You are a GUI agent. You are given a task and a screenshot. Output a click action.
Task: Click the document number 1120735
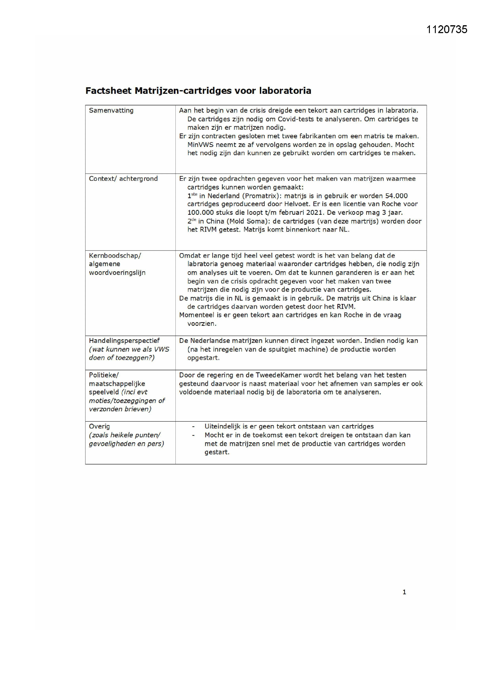tap(446, 29)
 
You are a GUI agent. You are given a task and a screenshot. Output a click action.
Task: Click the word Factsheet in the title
tap(108, 91)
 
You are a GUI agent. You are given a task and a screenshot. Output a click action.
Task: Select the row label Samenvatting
tap(111, 110)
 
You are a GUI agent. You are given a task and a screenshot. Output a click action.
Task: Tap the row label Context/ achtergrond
tap(123, 179)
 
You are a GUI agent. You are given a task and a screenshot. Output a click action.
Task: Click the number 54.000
tap(396, 196)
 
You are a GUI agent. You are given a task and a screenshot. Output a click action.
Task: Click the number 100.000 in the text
tap(200, 213)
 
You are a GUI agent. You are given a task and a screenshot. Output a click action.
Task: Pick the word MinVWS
tap(200, 145)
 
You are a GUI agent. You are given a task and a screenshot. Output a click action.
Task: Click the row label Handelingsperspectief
tap(124, 341)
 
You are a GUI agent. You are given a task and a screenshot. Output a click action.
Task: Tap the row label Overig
tap(99, 427)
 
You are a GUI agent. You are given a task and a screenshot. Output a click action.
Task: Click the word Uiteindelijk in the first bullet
tap(222, 427)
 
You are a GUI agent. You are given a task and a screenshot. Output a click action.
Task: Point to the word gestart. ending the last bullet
tap(217, 452)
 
